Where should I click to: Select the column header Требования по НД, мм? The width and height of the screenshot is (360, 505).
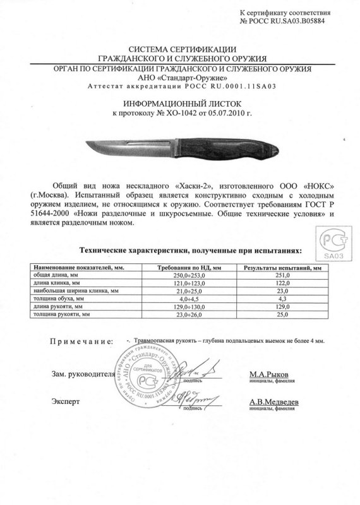pyautogui.click(x=190, y=268)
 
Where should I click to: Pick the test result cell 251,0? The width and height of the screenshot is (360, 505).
pyautogui.click(x=282, y=276)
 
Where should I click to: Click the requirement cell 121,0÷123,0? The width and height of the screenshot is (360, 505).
pyautogui.click(x=190, y=283)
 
